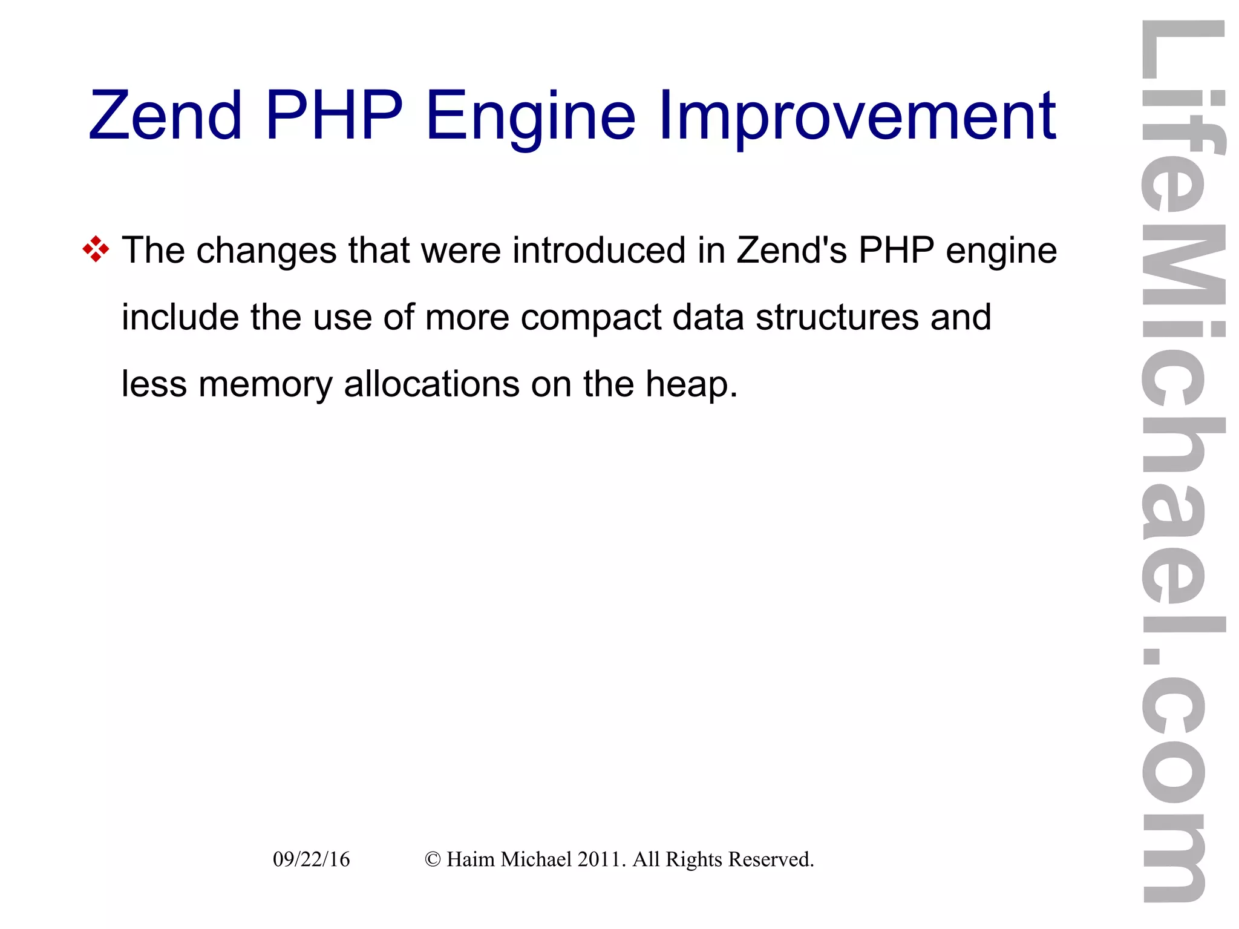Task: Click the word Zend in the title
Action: click(x=165, y=115)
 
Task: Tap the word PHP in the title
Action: click(x=334, y=115)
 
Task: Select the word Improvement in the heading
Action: click(x=857, y=116)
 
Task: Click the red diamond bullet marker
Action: click(x=96, y=249)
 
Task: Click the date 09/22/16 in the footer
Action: click(x=311, y=859)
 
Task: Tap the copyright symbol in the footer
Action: click(x=432, y=859)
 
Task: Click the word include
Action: click(x=181, y=317)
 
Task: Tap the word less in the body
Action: click(x=154, y=384)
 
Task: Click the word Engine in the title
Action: click(x=531, y=116)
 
